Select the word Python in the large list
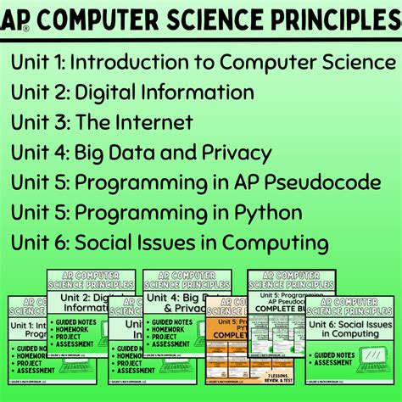265,214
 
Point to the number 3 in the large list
59,123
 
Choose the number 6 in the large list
59,244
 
